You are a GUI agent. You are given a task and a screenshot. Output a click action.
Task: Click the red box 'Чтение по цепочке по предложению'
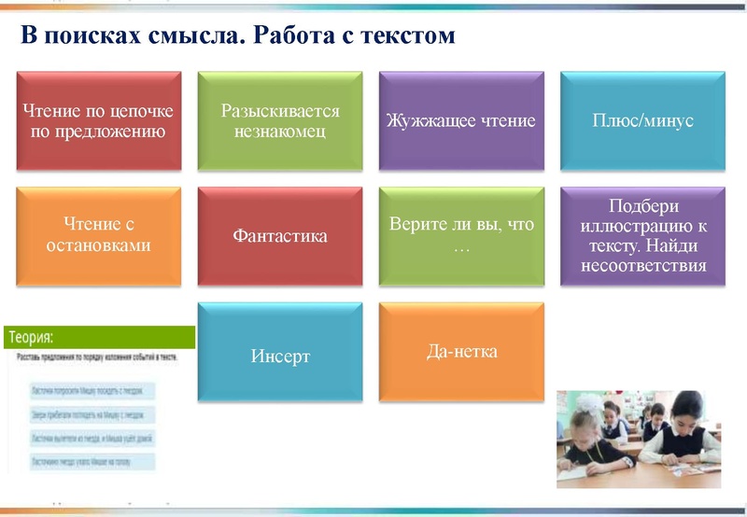[98, 121]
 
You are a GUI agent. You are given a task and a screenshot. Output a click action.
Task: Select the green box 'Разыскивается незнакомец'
[280, 121]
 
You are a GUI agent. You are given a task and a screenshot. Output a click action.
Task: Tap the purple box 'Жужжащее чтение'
[461, 121]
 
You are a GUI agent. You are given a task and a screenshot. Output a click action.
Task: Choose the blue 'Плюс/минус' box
[642, 121]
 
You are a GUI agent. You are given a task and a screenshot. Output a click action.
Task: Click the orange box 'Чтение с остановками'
[98, 235]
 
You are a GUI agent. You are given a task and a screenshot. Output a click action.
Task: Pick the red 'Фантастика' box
[280, 235]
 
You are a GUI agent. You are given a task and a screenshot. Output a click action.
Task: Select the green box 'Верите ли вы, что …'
[461, 235]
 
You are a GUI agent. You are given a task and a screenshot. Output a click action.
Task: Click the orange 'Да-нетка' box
[461, 352]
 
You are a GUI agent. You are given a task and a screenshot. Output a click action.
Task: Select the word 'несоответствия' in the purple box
[642, 265]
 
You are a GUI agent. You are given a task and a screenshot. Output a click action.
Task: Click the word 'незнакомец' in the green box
[280, 132]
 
